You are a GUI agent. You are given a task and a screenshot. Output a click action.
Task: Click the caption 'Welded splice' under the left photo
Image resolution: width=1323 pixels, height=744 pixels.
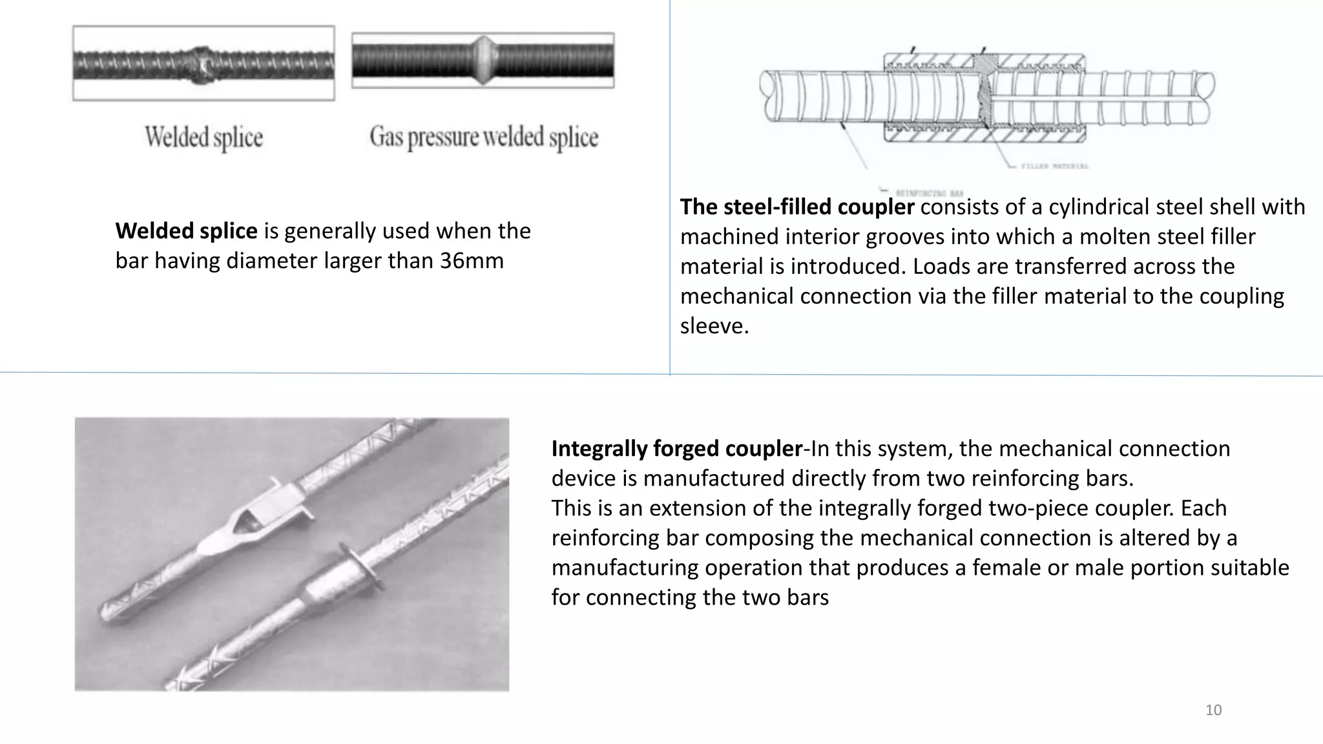click(203, 137)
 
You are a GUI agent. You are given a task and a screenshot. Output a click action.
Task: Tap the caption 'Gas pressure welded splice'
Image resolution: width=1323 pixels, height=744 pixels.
click(484, 137)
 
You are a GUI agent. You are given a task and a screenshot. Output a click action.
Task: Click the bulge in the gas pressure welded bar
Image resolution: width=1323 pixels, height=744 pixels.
click(484, 60)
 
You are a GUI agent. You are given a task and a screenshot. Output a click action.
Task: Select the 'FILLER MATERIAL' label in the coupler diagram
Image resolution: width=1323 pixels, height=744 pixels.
click(1055, 166)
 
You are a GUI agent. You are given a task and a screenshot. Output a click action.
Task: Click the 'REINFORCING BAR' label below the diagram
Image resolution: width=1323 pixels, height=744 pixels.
click(929, 193)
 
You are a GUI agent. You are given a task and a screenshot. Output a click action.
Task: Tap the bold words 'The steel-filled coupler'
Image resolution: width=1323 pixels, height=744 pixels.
click(797, 207)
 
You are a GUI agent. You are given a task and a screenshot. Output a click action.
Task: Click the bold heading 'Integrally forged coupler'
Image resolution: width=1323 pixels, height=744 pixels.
click(676, 448)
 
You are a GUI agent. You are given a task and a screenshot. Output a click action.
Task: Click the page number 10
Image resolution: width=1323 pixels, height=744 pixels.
click(1213, 710)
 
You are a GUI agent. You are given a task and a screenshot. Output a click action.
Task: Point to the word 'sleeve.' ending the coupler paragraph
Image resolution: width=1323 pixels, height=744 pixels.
click(714, 325)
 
